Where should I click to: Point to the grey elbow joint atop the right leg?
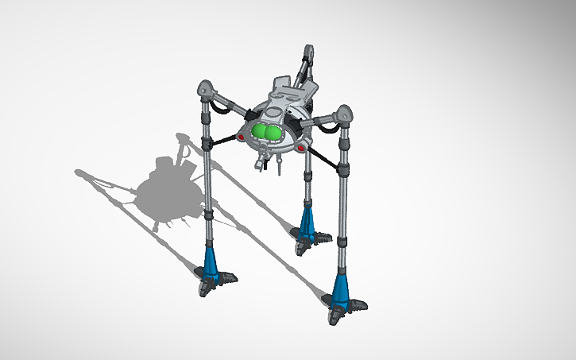pyautogui.click(x=345, y=114)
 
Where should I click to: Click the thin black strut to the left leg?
pyautogui.click(x=224, y=140)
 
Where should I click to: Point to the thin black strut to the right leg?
pyautogui.click(x=323, y=159)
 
